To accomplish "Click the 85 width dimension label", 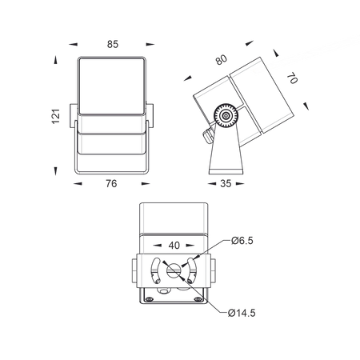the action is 113,44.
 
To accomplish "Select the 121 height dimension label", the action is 56,116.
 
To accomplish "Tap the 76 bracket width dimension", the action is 111,184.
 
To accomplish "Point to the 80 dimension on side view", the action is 222,60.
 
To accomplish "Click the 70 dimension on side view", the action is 292,78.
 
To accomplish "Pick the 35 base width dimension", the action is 226,184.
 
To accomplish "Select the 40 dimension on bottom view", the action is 174,246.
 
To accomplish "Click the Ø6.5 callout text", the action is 242,241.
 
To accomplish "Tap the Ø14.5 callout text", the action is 242,313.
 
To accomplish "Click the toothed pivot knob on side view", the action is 226,116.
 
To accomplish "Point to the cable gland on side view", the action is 207,135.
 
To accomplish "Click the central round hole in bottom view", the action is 174,271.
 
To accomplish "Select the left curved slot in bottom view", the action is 154,270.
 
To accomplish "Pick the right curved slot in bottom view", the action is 192,270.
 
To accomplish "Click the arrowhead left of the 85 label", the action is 73,44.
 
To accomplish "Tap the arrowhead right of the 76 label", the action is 146,184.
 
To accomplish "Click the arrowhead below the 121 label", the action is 55,171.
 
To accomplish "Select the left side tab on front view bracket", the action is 74,116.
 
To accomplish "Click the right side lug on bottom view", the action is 213,270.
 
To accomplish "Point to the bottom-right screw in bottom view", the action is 198,299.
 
